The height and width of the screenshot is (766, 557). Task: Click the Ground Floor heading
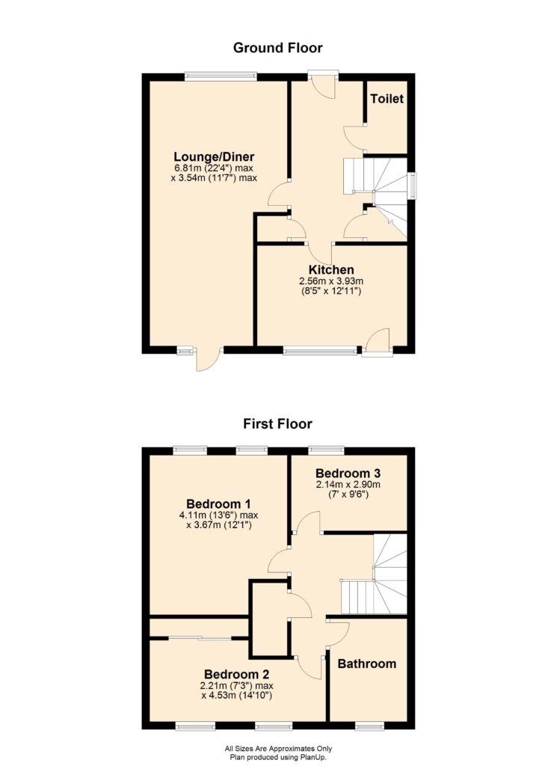[x=278, y=48]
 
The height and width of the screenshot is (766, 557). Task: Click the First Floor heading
[x=278, y=423]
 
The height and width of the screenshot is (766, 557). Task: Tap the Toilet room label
[x=387, y=99]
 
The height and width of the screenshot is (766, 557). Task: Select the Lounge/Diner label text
[x=215, y=157]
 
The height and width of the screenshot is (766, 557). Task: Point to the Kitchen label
[x=331, y=269]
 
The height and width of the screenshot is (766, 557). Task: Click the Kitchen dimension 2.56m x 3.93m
[x=331, y=281]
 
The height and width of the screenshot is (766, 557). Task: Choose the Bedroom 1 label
[x=219, y=503]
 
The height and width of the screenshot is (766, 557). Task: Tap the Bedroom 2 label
[x=237, y=675]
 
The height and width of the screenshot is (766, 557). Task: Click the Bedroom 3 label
[x=348, y=473]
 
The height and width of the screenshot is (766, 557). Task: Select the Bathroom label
[x=367, y=664]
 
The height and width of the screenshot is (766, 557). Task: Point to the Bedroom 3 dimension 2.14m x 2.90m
[x=348, y=485]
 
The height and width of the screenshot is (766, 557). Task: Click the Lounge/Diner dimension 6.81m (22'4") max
[x=215, y=168]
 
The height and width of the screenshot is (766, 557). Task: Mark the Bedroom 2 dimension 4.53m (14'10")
[x=237, y=696]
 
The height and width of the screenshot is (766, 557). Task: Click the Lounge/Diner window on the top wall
[x=221, y=76]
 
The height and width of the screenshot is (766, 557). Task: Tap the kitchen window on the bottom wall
[x=320, y=350]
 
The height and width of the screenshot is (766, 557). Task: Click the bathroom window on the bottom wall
[x=369, y=726]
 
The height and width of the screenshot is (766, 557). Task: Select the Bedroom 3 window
[x=327, y=450]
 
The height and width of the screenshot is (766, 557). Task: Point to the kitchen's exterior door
[x=378, y=342]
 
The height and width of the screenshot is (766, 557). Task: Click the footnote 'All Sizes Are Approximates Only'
[x=278, y=748]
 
